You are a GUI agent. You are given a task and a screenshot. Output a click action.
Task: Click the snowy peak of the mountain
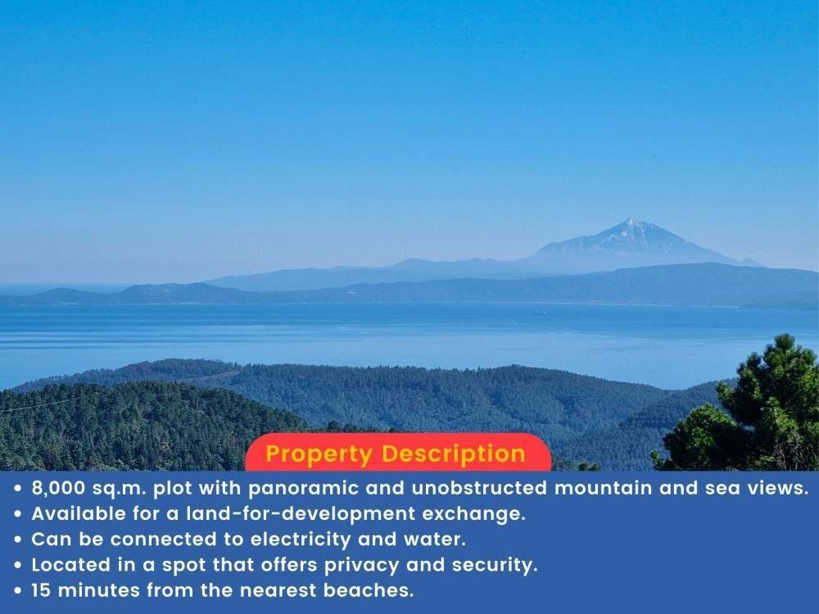pyautogui.click(x=631, y=223)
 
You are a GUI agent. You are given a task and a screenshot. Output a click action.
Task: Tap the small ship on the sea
pyautogui.click(x=540, y=312)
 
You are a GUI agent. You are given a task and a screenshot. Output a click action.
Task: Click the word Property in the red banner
pyautogui.click(x=319, y=454)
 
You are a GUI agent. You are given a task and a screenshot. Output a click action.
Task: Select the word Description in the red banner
pyautogui.click(x=454, y=454)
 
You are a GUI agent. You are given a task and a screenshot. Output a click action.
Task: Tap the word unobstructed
pyautogui.click(x=479, y=488)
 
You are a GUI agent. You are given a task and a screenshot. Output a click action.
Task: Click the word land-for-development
pyautogui.click(x=301, y=514)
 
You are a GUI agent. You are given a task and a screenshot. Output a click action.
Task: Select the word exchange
pyautogui.click(x=473, y=514)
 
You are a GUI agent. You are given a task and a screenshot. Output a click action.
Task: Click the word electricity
pyautogui.click(x=301, y=540)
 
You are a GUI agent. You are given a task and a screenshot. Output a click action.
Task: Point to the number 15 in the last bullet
pyautogui.click(x=41, y=590)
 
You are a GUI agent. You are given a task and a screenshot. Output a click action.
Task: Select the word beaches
pyautogui.click(x=369, y=590)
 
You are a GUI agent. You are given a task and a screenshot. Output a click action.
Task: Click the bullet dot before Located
pyautogui.click(x=18, y=566)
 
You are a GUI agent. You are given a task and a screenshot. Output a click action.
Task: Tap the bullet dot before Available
pyautogui.click(x=18, y=514)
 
